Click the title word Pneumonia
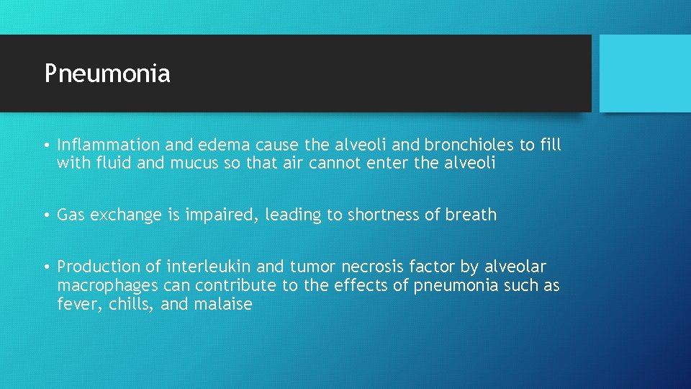(x=107, y=73)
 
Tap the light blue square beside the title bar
(x=645, y=73)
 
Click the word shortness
(x=381, y=215)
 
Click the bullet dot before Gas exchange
(x=46, y=215)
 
